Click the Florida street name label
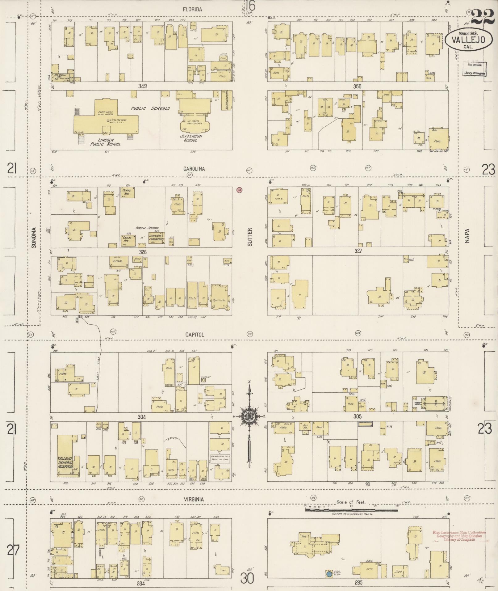tap(192, 10)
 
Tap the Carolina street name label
tap(194, 169)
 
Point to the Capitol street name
tap(195, 335)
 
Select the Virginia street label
tap(193, 499)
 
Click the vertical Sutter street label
tap(250, 237)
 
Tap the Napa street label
tap(467, 235)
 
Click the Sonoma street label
tap(34, 238)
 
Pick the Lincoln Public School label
tap(105, 142)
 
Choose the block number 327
tap(358, 251)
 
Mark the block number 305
tap(357, 416)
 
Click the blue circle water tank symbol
tap(329, 574)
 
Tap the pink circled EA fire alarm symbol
tap(239, 190)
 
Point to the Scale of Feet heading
tap(351, 502)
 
